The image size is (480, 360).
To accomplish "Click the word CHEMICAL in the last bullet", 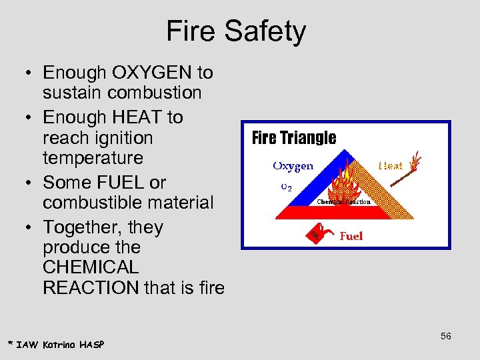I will tap(91, 267).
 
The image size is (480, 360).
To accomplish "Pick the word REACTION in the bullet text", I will tap(90, 288).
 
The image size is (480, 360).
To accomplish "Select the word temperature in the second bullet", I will tap(93, 158).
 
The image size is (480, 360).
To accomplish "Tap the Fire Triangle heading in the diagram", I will tap(294, 138).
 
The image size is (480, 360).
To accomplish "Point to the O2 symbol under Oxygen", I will tap(285, 187).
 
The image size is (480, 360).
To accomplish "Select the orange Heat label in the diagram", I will tap(391, 165).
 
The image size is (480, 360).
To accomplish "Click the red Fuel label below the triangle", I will tap(351, 236).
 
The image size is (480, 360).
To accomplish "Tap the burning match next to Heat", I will tap(415, 161).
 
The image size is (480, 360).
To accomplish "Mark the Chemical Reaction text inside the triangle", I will tap(343, 201).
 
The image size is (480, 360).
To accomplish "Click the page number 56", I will tap(445, 336).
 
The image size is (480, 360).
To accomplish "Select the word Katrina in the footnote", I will tap(59, 344).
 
